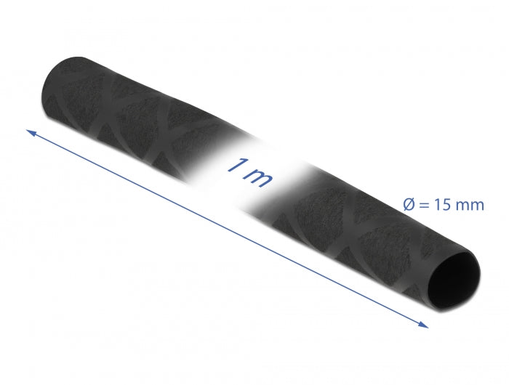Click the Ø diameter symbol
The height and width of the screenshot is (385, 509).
tap(408, 206)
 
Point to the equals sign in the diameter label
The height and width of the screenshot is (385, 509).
tap(424, 206)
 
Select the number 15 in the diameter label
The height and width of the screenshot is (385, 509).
tap(444, 206)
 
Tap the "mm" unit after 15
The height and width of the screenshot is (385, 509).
tap(470, 206)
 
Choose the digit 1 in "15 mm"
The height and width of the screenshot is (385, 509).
tap(438, 206)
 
